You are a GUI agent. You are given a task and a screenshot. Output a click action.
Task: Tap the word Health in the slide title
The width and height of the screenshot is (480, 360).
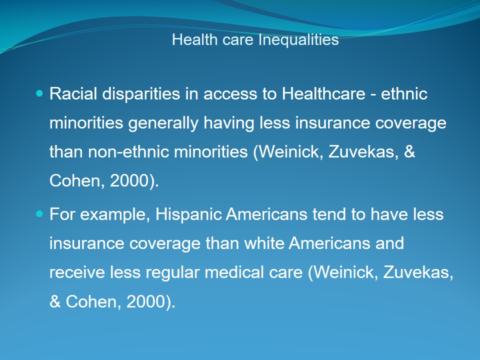pyautogui.click(x=194, y=40)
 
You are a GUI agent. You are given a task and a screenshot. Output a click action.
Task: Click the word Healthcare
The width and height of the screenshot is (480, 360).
pyautogui.click(x=323, y=93)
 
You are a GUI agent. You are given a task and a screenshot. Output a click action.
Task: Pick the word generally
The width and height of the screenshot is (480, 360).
pyautogui.click(x=163, y=123)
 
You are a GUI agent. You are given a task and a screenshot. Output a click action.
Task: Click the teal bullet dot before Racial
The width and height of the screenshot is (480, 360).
pyautogui.click(x=39, y=93)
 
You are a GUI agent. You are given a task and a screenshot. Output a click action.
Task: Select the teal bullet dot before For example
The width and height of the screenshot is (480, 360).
pyautogui.click(x=39, y=213)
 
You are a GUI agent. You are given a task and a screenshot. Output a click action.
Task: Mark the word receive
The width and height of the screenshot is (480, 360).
pyautogui.click(x=77, y=272)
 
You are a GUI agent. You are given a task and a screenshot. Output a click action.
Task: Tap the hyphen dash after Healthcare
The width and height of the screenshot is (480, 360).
pyautogui.click(x=373, y=94)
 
